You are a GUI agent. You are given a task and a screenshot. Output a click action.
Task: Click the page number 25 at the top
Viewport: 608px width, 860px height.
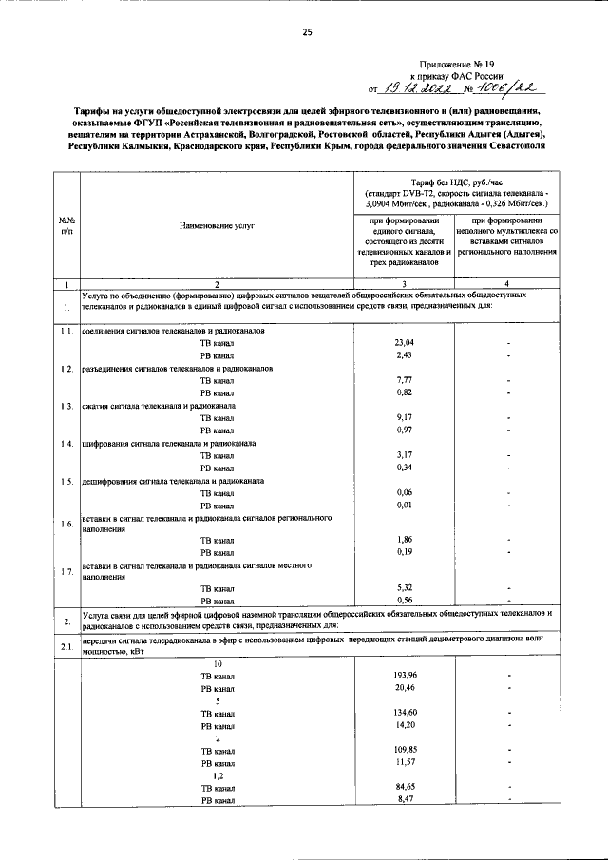pyautogui.click(x=307, y=32)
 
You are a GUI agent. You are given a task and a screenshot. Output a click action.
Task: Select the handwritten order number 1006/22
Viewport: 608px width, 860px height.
pyautogui.click(x=499, y=88)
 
